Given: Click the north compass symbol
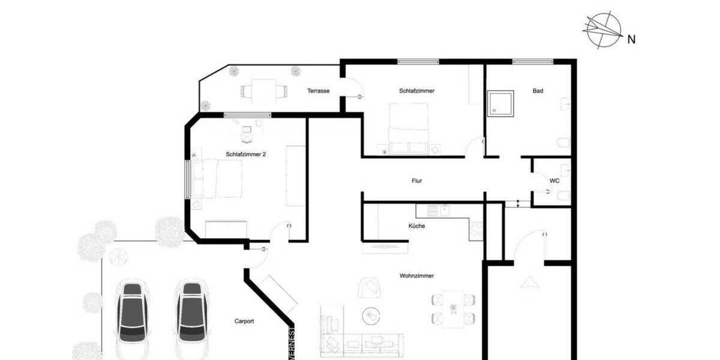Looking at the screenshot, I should (x=604, y=29).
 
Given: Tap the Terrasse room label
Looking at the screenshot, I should (x=318, y=91).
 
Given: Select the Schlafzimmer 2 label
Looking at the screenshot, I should (x=246, y=154).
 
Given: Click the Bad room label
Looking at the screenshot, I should (x=538, y=91).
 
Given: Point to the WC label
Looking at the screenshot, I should (x=554, y=181).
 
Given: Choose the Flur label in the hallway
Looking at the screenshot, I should (x=418, y=181).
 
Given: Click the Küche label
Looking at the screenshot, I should (x=416, y=226).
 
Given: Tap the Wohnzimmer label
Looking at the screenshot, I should (x=416, y=276).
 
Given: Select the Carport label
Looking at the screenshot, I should (x=244, y=322).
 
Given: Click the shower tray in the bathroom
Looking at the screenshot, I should (x=500, y=103).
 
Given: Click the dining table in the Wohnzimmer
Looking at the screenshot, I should (x=453, y=307).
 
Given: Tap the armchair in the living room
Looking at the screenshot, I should (x=370, y=287).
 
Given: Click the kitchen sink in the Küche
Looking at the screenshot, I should (x=443, y=210).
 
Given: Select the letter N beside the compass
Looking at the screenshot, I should (x=631, y=40).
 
